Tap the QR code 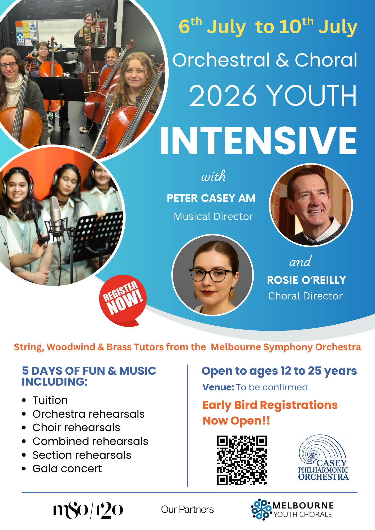coord(242,460)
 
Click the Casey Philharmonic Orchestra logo coord(323,458)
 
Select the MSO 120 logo coord(88,510)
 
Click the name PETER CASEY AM coord(211,198)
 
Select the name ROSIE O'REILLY coord(307,280)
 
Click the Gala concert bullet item coord(67,469)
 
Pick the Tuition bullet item coord(50,400)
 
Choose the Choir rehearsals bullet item coord(76,427)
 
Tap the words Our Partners coord(187,510)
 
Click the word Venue coord(218,387)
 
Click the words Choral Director coord(305,296)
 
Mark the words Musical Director coord(213,217)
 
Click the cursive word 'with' coord(213,176)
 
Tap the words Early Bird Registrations coord(270,405)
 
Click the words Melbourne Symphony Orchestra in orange coord(286,347)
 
